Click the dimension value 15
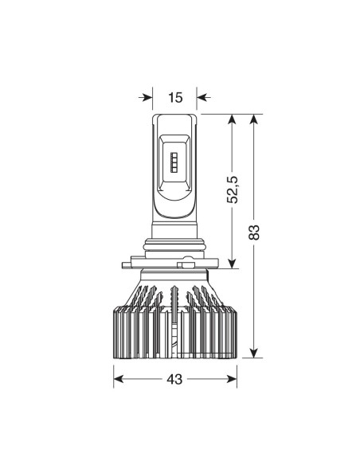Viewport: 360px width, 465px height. tap(175, 98)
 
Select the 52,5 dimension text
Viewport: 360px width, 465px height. tap(233, 190)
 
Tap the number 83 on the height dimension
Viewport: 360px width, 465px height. tap(254, 232)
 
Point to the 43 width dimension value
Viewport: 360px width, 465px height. tap(174, 379)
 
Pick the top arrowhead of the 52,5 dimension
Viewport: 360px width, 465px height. tap(233, 119)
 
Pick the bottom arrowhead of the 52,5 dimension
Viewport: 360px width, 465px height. tap(233, 264)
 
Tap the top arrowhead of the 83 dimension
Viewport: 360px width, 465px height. tap(253, 119)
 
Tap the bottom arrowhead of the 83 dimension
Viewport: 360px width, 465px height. tap(253, 353)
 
